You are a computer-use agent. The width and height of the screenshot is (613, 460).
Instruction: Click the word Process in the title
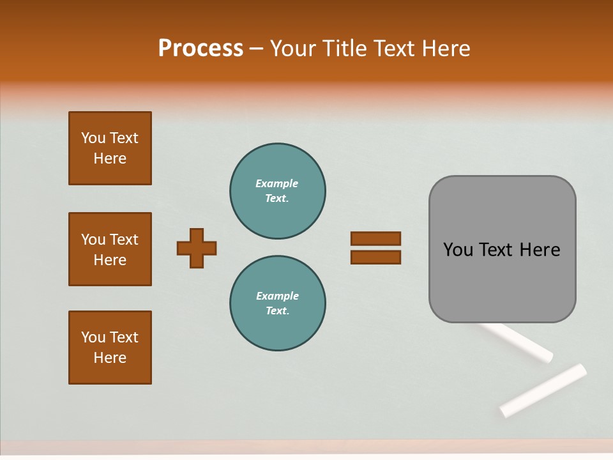click(201, 49)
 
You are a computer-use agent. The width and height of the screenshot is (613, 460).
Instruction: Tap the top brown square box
click(110, 148)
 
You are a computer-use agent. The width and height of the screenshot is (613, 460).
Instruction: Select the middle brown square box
click(110, 249)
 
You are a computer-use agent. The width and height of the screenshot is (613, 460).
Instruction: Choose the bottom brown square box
click(110, 348)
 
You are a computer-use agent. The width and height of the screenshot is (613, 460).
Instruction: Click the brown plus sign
click(197, 248)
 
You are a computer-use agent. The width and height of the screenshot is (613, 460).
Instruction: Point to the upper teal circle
click(278, 191)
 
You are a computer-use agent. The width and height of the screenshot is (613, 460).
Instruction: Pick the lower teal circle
click(278, 303)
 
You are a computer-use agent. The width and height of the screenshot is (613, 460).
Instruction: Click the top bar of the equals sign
click(375, 238)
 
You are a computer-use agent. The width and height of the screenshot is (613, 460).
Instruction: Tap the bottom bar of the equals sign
click(375, 257)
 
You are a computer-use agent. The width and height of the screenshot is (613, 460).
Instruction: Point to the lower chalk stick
click(543, 390)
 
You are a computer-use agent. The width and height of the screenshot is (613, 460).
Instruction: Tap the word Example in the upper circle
click(276, 183)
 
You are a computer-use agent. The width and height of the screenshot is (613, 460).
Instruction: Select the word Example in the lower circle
click(277, 296)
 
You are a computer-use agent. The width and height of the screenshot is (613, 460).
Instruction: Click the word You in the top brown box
click(93, 138)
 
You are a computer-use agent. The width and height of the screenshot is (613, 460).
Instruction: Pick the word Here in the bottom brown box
click(110, 358)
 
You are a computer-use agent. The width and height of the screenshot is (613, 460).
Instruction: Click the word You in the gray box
click(458, 250)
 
